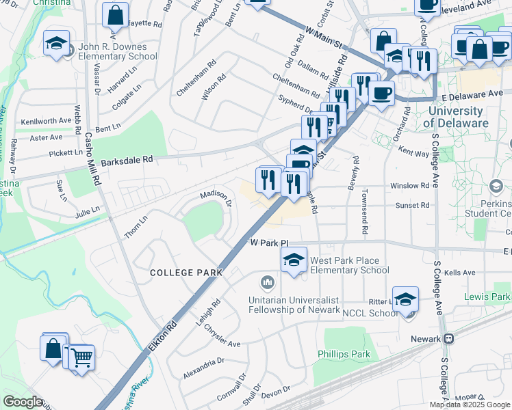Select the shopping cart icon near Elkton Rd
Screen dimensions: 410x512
click(x=81, y=356)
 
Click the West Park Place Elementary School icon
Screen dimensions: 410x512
click(x=294, y=260)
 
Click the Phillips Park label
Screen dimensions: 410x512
click(x=344, y=354)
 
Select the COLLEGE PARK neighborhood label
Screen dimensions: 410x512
click(x=187, y=273)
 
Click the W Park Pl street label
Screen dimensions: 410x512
click(x=270, y=243)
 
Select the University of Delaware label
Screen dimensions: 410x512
click(x=456, y=117)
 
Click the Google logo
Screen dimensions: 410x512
click(x=22, y=402)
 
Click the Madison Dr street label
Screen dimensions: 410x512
click(x=216, y=198)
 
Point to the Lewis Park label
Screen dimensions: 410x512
click(x=487, y=297)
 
